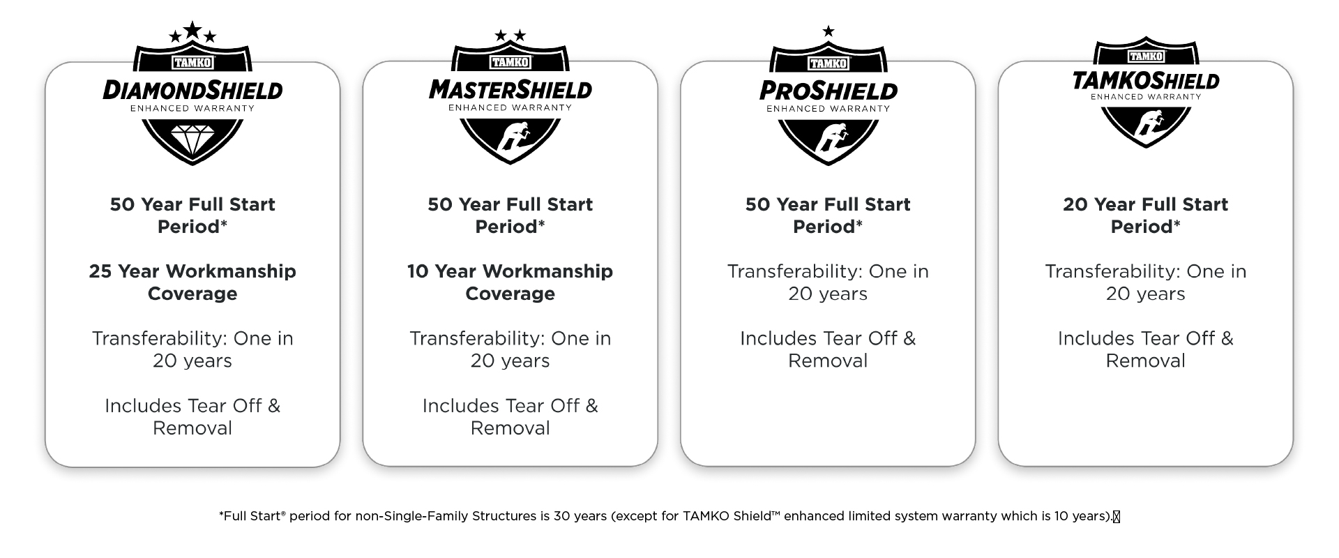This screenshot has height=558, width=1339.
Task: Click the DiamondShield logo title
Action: [x=192, y=90]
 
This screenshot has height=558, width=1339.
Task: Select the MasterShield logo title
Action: [x=510, y=90]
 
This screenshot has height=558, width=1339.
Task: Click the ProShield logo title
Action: [x=828, y=91]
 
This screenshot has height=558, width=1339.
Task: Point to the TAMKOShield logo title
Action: [x=1145, y=81]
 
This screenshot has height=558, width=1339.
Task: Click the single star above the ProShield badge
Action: [x=828, y=31]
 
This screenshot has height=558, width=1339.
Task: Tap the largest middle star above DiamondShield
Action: [x=192, y=30]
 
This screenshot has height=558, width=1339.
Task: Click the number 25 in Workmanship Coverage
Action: [x=100, y=271]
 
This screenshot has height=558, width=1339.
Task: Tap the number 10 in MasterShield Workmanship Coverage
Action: [x=418, y=271]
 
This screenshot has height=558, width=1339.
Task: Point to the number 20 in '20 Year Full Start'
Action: [x=1075, y=204]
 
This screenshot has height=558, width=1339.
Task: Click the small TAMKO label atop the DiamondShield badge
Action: [x=192, y=62]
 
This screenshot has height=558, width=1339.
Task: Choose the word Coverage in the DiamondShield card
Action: [x=192, y=294]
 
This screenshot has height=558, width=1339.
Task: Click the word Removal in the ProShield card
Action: [x=828, y=361]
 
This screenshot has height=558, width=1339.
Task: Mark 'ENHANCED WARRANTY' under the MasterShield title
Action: [x=510, y=108]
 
